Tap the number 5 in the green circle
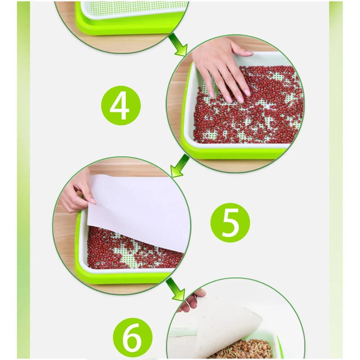(230, 223)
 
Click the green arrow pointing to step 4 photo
(179, 45)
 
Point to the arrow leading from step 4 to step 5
(180, 165)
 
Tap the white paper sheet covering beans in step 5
(138, 207)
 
